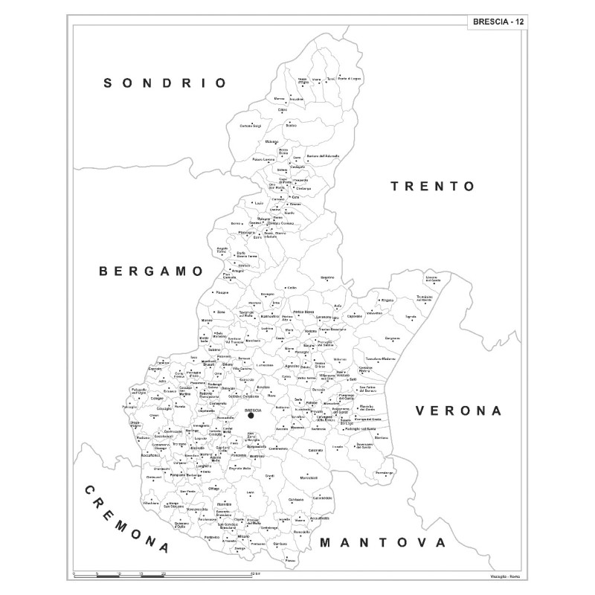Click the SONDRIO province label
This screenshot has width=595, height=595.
(165, 83)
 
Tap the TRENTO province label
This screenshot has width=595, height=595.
(432, 186)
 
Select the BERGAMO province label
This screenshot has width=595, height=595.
(151, 271)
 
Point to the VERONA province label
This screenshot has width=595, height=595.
(459, 410)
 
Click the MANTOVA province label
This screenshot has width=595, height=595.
(382, 543)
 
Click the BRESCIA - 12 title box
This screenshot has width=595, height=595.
(498, 22)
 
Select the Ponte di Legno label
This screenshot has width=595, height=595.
(350, 79)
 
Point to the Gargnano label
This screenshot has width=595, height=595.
(393, 338)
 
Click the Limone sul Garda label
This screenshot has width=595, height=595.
(432, 280)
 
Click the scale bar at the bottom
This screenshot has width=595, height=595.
(164, 576)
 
